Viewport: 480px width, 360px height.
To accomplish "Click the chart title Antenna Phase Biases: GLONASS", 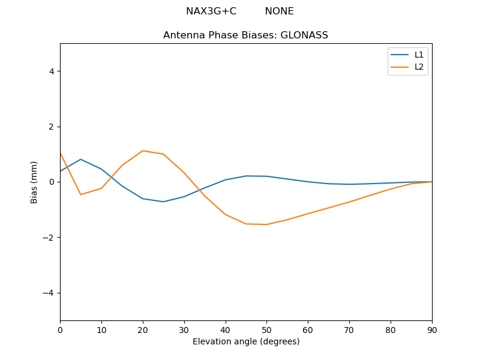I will pos(245,35).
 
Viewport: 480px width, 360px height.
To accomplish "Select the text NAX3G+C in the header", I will pos(211,11).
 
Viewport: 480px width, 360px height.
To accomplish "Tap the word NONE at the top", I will pos(279,11).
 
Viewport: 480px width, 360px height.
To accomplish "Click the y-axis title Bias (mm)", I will pos(34,182).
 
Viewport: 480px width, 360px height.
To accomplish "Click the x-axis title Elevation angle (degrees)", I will pos(245,341).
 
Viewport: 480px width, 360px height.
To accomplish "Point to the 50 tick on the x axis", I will pos(266,329).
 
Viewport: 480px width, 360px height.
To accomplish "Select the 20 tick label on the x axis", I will pos(143,329).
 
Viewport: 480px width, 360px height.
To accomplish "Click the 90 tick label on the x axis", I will pos(431,329).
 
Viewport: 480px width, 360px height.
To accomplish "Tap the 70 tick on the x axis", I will pos(349,329).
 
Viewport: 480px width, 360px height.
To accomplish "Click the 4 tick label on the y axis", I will pos(52,71).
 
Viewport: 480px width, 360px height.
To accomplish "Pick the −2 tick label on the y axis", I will pos(49,238).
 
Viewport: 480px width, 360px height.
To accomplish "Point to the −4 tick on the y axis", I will pos(49,293).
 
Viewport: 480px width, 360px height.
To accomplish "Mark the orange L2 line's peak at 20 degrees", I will pos(143,151).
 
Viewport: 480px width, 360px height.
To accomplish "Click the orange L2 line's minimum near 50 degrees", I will pos(266,224).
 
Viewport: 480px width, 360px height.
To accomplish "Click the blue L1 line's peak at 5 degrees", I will pos(80,160).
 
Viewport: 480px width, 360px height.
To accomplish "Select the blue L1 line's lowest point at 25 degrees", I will pos(163,202).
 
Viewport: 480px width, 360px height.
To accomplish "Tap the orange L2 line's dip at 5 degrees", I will pos(80,194).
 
